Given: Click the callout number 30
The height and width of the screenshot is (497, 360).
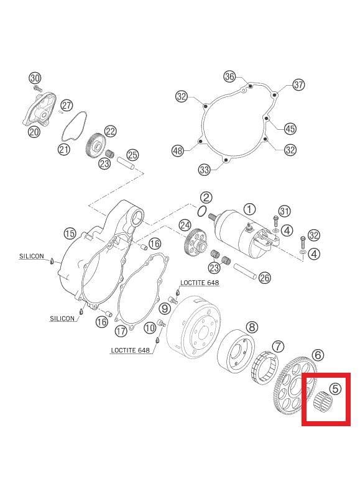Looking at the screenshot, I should click(x=35, y=78).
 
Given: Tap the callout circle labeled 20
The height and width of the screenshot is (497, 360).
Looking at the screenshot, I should click(x=34, y=131).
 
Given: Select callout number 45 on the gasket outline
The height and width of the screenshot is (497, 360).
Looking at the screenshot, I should click(x=290, y=129).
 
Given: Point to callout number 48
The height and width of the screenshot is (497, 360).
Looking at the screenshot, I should click(x=178, y=150).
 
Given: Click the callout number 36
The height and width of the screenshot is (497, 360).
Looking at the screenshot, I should click(x=229, y=76).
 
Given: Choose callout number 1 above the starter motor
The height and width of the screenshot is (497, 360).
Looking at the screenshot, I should click(x=249, y=209).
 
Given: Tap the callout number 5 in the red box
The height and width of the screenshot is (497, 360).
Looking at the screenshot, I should click(x=335, y=389).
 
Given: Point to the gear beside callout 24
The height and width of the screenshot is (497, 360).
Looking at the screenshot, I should click(x=195, y=243).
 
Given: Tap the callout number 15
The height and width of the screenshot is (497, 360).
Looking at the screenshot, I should click(x=69, y=234).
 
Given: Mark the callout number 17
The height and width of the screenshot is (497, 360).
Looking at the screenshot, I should click(x=121, y=331).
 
